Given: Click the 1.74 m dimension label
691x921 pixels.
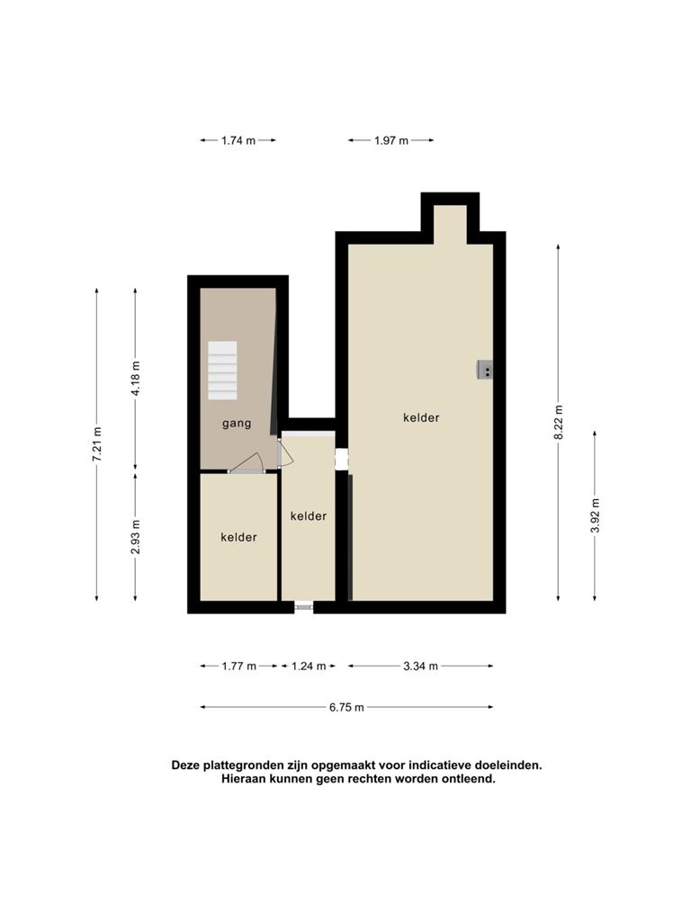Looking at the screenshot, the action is [x=238, y=140].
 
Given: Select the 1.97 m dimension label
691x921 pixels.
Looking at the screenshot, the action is [x=391, y=140].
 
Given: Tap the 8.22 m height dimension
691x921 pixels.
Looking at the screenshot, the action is [x=559, y=422].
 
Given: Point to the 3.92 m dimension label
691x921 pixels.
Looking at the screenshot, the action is [x=596, y=515].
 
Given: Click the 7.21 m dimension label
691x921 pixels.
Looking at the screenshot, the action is [x=97, y=444].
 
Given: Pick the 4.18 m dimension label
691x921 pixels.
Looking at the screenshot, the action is [x=136, y=377].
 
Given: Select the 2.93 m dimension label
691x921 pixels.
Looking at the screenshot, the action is [x=136, y=537].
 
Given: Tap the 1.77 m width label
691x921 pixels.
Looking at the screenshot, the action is [x=239, y=666].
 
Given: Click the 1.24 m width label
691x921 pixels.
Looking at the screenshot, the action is [x=309, y=666].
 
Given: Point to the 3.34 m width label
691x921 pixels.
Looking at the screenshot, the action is [x=421, y=666].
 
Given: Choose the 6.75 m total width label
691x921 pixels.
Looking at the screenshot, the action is [x=346, y=707].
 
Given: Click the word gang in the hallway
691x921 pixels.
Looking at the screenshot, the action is [x=237, y=424].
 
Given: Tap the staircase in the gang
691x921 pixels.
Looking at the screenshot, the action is [x=222, y=371].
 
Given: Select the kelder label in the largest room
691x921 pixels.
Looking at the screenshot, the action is [x=421, y=417].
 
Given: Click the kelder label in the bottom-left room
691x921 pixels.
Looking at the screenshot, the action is [x=238, y=537].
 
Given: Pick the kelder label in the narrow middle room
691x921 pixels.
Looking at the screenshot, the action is [x=309, y=515].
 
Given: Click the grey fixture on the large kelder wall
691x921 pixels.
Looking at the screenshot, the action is [x=485, y=371].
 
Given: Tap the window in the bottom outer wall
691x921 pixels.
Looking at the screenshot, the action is [x=304, y=607].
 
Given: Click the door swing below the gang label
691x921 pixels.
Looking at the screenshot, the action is [x=247, y=463].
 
